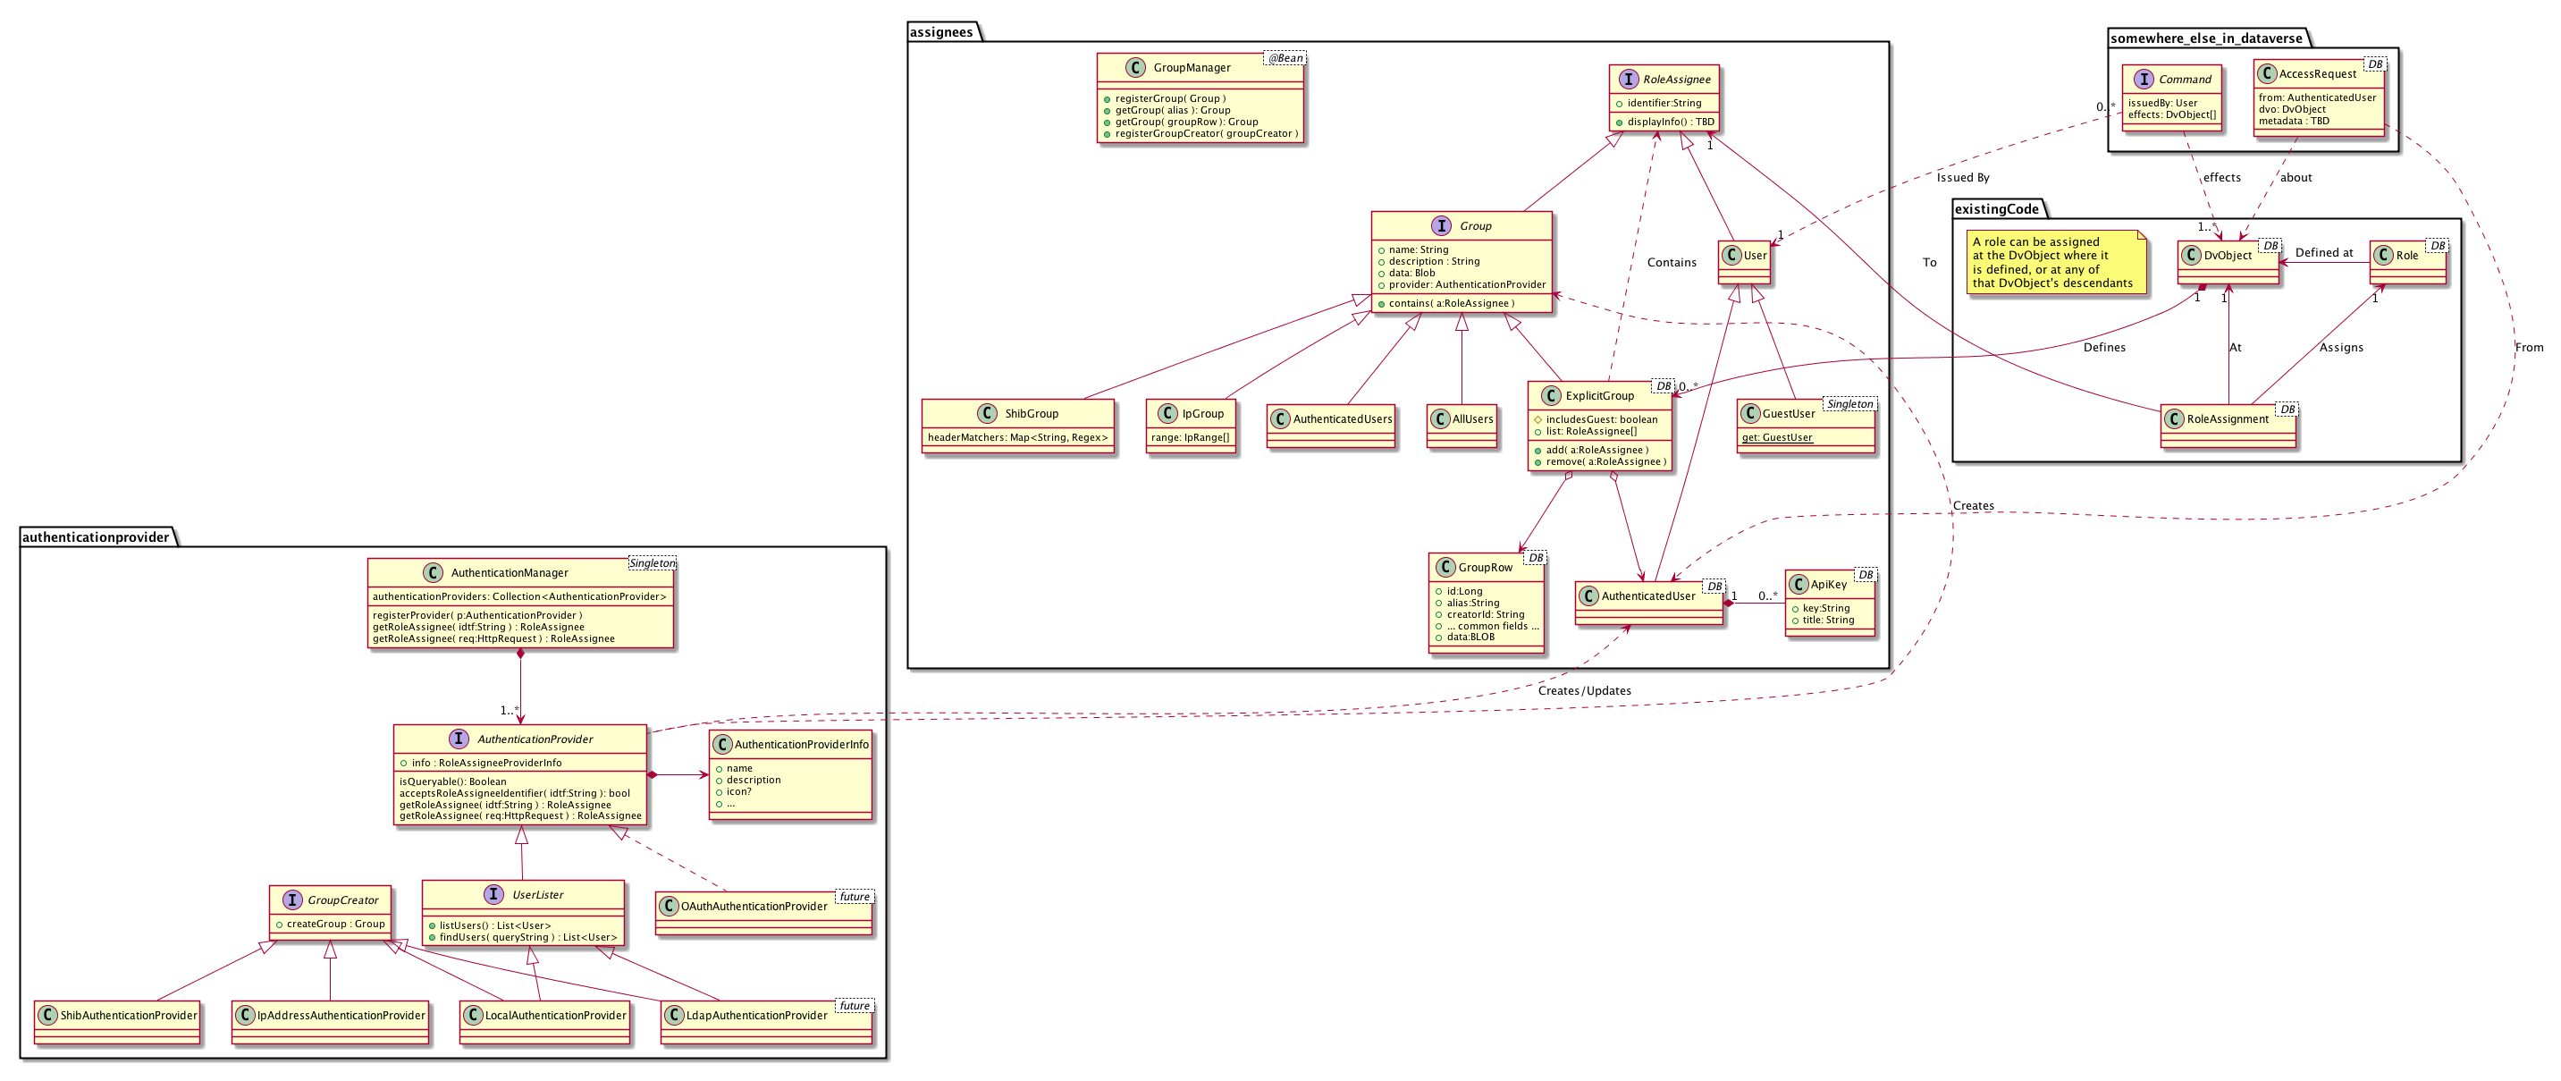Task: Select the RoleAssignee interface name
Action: tap(1676, 80)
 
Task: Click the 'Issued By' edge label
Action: tap(1962, 178)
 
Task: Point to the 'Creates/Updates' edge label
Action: tap(1584, 691)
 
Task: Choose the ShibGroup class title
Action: tap(1031, 414)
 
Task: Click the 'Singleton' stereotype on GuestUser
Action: tap(1849, 405)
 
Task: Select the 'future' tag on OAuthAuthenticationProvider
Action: tap(854, 897)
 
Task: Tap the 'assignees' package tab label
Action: tap(940, 32)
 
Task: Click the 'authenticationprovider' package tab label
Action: tap(96, 537)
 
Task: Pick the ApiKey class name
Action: tap(1828, 585)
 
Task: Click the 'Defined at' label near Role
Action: tap(2323, 253)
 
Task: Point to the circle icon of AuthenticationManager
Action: tap(433, 573)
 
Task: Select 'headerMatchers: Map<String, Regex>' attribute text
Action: tap(1017, 437)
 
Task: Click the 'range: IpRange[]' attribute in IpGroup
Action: tap(1190, 437)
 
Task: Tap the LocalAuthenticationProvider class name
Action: tap(555, 1016)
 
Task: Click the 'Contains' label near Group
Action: tap(1672, 263)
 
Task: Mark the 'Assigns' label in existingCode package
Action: tap(2340, 348)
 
